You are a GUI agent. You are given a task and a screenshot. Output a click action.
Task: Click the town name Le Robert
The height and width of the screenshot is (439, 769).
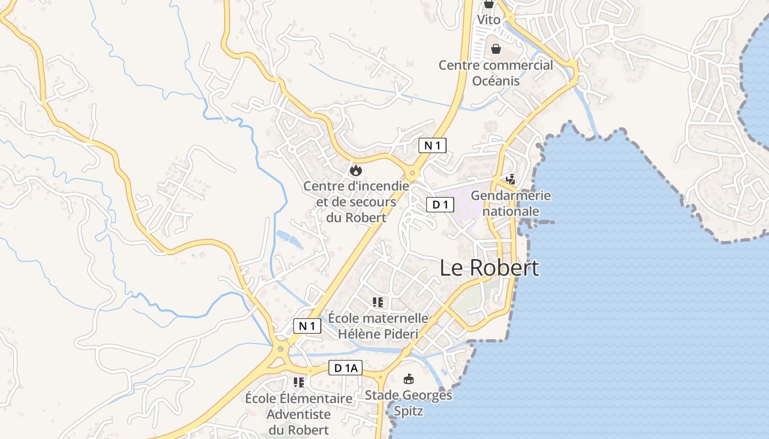coord(489,268)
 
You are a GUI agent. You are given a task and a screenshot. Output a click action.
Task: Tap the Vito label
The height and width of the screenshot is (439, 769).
coord(488,20)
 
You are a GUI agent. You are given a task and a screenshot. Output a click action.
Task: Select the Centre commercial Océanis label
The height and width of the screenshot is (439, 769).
coord(496,73)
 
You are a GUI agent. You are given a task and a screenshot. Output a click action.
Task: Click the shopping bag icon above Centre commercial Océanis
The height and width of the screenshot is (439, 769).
coord(496,49)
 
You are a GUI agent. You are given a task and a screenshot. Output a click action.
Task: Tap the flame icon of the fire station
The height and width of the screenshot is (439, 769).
coord(356,170)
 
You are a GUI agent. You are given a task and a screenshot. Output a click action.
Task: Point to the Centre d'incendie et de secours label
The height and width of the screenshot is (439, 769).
coord(356,201)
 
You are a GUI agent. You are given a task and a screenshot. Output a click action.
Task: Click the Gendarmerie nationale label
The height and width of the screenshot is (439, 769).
coord(511,203)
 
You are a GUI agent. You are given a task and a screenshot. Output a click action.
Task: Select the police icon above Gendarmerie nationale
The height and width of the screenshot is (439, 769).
coord(511,179)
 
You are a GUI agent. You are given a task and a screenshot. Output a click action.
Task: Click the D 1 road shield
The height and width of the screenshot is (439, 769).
coord(440,205)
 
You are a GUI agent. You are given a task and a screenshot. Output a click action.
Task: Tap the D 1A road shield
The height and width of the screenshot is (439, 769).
coord(346,368)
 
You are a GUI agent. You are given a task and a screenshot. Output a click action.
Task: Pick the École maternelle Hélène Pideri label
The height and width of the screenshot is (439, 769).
coord(378,325)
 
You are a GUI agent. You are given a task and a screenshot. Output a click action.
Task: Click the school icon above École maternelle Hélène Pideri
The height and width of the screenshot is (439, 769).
coord(377,302)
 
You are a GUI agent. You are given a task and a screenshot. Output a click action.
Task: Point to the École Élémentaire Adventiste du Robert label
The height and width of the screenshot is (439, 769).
coord(298,414)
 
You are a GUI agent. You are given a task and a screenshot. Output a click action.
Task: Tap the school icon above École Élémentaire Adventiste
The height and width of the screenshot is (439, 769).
coord(298,382)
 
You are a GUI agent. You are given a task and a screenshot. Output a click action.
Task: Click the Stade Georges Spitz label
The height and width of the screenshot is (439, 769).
coord(409,403)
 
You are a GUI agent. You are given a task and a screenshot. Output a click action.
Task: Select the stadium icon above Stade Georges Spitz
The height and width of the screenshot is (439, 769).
coord(409,379)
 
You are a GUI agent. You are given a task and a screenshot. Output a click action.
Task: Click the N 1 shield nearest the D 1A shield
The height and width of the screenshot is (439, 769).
coord(307,326)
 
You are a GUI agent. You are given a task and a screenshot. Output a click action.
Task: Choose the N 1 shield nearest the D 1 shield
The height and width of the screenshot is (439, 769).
coord(432,145)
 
